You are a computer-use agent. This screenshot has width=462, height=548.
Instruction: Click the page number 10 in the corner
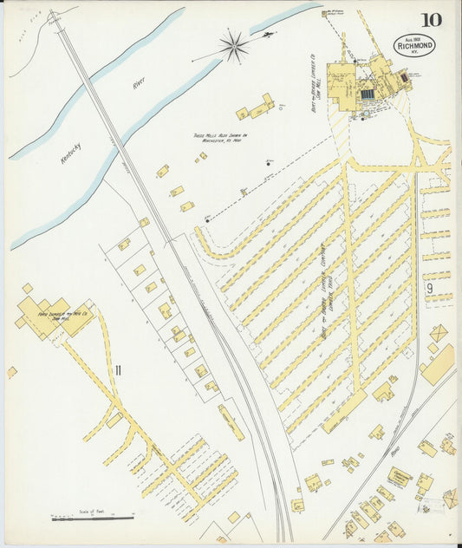tap(430, 20)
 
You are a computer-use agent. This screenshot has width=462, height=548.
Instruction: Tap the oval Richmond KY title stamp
tap(414, 45)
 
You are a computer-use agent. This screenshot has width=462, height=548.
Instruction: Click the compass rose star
tap(232, 46)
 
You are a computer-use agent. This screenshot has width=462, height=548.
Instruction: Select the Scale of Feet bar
tap(92, 519)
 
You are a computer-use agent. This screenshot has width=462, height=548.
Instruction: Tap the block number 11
tap(118, 370)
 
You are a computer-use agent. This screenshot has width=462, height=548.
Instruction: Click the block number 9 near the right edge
tap(429, 287)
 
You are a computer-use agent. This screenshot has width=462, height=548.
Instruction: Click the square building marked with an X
tap(439, 333)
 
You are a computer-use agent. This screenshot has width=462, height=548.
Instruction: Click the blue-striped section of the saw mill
tap(367, 93)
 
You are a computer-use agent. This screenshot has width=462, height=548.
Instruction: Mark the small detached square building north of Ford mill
tap(28, 288)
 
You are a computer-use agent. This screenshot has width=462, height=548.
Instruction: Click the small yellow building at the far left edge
tap(12, 372)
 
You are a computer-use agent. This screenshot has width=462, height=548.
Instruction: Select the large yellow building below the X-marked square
tap(438, 364)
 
